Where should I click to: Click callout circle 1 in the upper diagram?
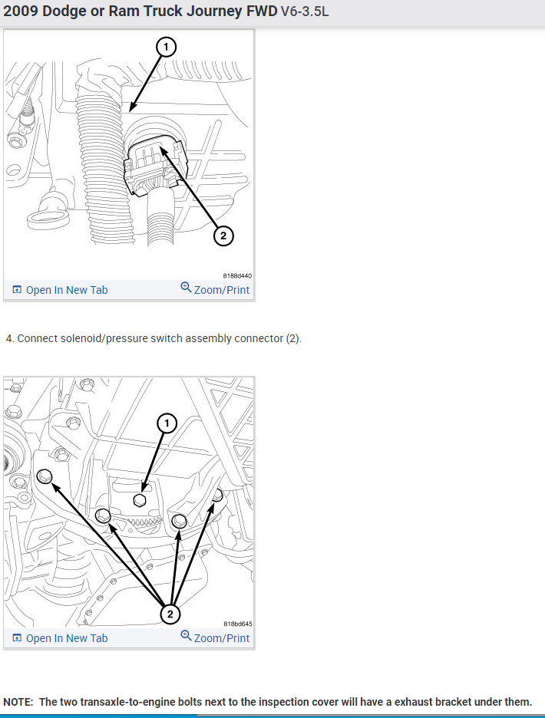166,47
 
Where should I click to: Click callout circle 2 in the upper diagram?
223,235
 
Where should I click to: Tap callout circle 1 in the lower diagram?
167,423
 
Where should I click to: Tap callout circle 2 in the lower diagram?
170,614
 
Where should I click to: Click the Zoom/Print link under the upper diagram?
215,289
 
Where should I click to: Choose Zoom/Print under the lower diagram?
215,637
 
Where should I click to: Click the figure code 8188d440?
237,275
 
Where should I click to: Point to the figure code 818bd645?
238,624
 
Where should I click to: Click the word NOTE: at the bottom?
18,702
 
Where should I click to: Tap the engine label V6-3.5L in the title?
305,12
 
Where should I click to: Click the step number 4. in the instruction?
10,338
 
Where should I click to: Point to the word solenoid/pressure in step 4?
105,338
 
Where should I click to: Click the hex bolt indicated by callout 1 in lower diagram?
140,500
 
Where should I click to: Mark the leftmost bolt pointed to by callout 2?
45,476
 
